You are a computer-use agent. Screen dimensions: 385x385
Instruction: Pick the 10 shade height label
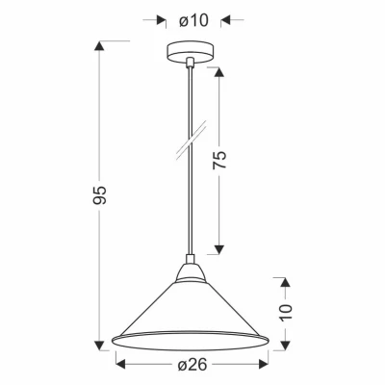point(285,312)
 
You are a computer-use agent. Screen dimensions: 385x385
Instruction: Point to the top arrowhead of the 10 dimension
point(285,280)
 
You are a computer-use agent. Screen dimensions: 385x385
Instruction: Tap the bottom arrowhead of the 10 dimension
point(285,345)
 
